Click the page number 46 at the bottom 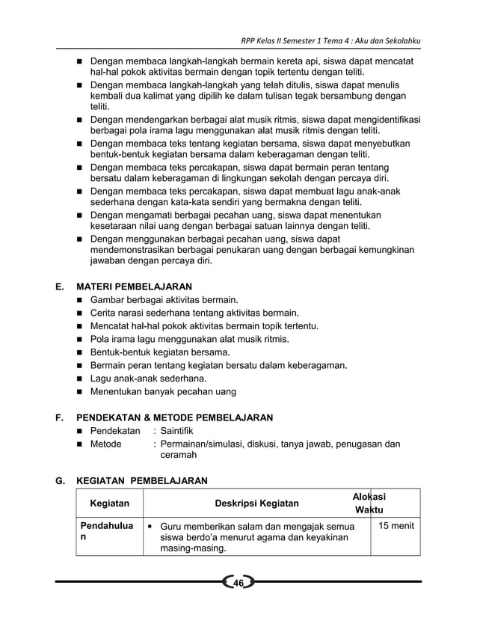pyautogui.click(x=238, y=584)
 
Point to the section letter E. pyautogui.click(x=59, y=286)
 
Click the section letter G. pyautogui.click(x=59, y=480)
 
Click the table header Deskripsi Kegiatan pyautogui.click(x=256, y=504)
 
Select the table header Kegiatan pyautogui.click(x=109, y=504)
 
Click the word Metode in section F pyautogui.click(x=105, y=444)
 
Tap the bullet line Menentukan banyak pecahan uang pyautogui.click(x=163, y=391)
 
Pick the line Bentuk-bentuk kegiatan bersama pyautogui.click(x=159, y=352)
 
